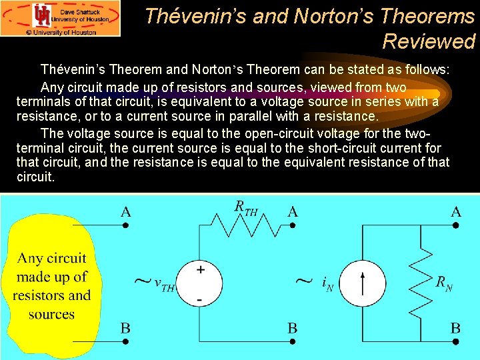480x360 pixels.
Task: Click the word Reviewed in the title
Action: pyautogui.click(x=429, y=41)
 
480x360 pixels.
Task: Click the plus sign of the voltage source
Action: pyautogui.click(x=200, y=270)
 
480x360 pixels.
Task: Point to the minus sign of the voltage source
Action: pyautogui.click(x=200, y=301)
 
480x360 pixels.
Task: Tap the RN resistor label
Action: pyautogui.click(x=444, y=283)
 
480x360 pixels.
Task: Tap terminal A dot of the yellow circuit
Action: pyautogui.click(x=125, y=225)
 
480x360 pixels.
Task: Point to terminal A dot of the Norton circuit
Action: pyautogui.click(x=456, y=225)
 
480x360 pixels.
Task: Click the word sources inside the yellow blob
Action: pyautogui.click(x=51, y=314)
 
